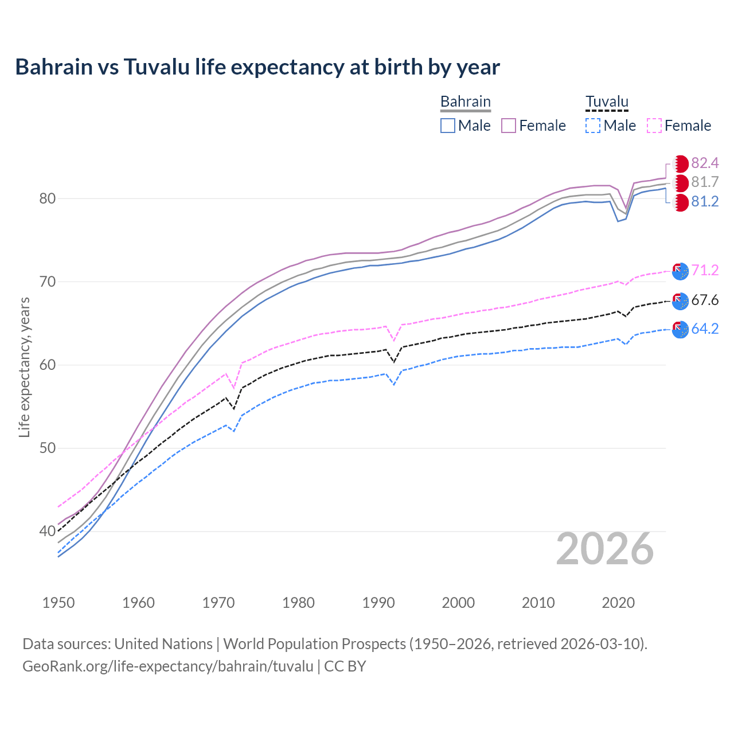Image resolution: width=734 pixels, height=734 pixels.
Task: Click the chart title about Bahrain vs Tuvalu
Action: click(x=257, y=67)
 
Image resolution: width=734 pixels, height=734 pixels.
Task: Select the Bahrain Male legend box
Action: click(x=448, y=126)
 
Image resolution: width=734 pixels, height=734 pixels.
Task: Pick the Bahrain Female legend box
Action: click(x=509, y=126)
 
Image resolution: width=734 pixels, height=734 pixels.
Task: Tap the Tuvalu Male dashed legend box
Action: click(x=593, y=126)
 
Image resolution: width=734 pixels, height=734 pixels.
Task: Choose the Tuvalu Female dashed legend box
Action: click(x=654, y=126)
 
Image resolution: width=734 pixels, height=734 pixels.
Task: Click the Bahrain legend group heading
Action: click(x=465, y=102)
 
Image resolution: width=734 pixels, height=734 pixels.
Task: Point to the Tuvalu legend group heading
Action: click(x=607, y=102)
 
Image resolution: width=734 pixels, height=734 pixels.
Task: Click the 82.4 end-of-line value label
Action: click(x=705, y=163)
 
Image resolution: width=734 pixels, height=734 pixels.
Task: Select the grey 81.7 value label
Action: click(x=705, y=182)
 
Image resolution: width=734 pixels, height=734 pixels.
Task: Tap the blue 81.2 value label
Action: click(x=705, y=202)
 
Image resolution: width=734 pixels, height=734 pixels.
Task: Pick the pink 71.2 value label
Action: click(x=705, y=270)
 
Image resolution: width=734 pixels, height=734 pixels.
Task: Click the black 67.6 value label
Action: click(x=705, y=300)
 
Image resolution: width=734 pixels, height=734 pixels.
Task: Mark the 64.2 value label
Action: click(x=705, y=329)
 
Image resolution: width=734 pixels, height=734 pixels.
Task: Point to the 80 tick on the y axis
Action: click(x=48, y=199)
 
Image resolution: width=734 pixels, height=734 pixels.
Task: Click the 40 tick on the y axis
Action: click(x=48, y=532)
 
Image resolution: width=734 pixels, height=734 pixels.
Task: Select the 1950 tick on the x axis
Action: click(x=58, y=603)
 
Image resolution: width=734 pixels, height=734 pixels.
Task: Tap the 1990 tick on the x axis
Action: click(x=378, y=603)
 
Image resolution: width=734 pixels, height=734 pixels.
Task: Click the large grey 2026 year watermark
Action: click(x=604, y=549)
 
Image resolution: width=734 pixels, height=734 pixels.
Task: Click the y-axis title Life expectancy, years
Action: click(x=24, y=367)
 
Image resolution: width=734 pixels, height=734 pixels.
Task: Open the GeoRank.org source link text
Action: click(x=168, y=666)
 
